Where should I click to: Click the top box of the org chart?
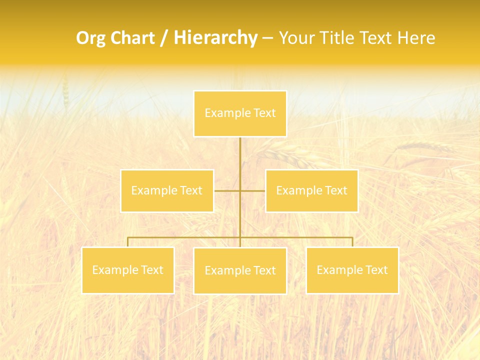tap(240, 113)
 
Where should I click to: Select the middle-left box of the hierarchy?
tap(167, 190)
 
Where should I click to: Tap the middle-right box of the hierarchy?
tap(311, 190)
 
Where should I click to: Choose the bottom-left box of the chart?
tap(128, 270)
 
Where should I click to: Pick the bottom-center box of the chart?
tap(240, 270)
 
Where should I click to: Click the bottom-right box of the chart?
tap(352, 270)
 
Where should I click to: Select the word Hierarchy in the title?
tap(215, 38)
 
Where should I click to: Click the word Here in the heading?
tap(416, 38)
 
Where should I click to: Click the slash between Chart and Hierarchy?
tap(164, 38)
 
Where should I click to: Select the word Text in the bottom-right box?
tap(376, 270)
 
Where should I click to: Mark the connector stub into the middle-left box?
tap(226, 190)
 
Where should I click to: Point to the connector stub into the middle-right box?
tap(253, 190)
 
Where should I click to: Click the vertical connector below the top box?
tap(240, 160)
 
